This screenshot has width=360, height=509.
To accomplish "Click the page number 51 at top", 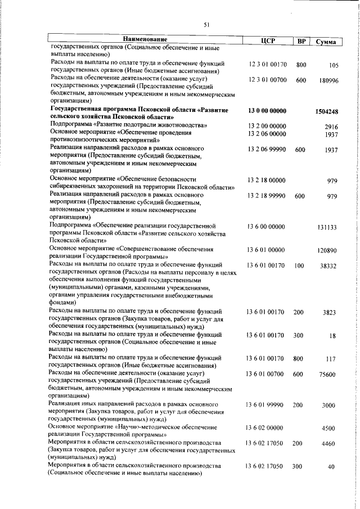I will pyautogui.click(x=206, y=24).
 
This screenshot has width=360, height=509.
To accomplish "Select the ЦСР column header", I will pyautogui.click(x=267, y=40).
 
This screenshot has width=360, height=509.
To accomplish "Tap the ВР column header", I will pyautogui.click(x=301, y=40).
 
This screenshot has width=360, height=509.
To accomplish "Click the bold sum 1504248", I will pyautogui.click(x=326, y=112).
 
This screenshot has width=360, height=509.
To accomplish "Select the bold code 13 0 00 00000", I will pyautogui.click(x=267, y=111).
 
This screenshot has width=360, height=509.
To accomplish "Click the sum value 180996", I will pyautogui.click(x=327, y=81).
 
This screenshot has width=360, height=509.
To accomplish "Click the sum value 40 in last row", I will pyautogui.click(x=332, y=467).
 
